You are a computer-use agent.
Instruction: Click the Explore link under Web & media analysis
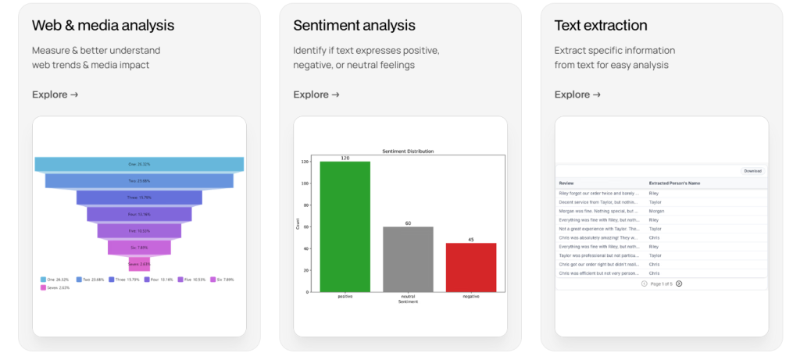pos(55,94)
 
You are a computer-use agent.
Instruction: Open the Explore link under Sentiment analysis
pos(316,94)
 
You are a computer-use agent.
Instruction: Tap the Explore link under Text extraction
pos(577,94)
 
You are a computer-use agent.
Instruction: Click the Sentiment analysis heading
pos(354,26)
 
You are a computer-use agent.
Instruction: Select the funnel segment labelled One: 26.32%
pos(139,164)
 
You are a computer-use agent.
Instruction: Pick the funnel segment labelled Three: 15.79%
pos(139,198)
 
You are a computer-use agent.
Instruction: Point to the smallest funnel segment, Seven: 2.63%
pos(139,264)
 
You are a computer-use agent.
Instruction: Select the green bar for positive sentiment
pos(345,226)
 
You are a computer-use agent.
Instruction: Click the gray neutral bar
pos(408,259)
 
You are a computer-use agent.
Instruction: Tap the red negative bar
pos(471,267)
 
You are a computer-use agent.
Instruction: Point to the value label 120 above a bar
pos(345,158)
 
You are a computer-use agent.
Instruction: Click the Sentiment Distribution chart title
pos(408,151)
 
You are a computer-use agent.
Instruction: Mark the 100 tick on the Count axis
pos(305,184)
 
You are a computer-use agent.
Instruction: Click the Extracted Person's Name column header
pos(674,183)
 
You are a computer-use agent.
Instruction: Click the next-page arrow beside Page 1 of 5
pos(679,283)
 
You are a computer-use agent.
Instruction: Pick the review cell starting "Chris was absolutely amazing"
pos(600,237)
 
